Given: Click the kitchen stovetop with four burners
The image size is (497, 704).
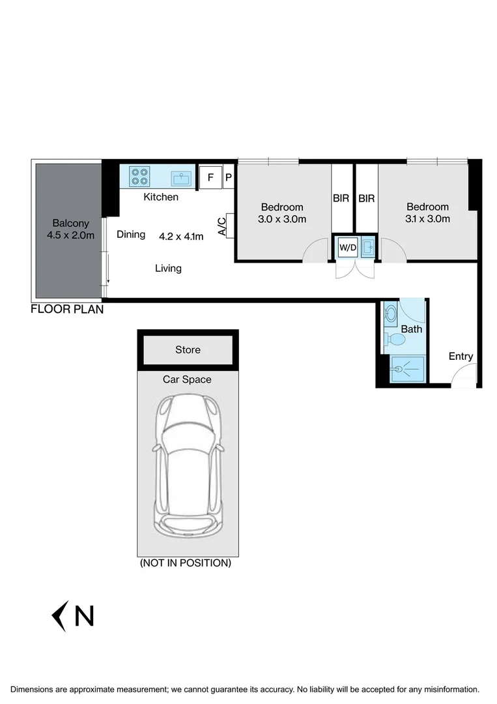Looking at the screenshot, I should [x=140, y=176].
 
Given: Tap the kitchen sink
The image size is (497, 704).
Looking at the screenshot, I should [x=181, y=177].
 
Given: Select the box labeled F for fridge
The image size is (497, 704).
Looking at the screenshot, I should [x=210, y=177].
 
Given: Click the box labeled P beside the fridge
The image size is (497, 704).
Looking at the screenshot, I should [x=229, y=177].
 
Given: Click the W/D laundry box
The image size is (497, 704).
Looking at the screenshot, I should [x=347, y=248].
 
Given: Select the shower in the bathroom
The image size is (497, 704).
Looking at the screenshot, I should [x=406, y=369].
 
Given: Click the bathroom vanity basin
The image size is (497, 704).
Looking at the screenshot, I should [x=391, y=314].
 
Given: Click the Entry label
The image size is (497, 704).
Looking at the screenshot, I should [x=461, y=357].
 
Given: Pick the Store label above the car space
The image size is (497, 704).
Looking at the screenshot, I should [x=188, y=350].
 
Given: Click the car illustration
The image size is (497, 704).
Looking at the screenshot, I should [x=188, y=465].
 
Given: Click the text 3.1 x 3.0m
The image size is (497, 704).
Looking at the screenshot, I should [x=427, y=219].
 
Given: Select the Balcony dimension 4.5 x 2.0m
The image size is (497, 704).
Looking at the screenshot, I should [x=70, y=235].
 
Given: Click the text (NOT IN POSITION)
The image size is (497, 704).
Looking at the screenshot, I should [x=185, y=563].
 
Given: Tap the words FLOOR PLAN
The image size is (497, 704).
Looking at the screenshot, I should [x=67, y=310].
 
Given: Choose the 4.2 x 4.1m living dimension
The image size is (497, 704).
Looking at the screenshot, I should [x=181, y=237].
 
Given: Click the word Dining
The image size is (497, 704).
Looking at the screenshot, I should [x=131, y=234].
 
